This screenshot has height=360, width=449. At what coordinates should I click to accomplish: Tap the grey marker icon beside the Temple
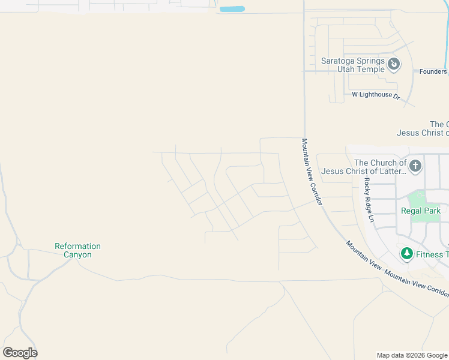(x=394, y=64)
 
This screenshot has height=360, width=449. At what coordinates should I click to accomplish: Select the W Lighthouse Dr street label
(x=376, y=95)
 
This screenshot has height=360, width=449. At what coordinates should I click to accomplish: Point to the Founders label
(x=433, y=71)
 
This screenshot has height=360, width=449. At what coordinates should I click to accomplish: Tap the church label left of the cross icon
(x=364, y=167)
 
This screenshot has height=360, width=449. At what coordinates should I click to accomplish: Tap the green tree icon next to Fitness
(x=407, y=254)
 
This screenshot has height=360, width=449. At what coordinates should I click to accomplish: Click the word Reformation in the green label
(x=77, y=246)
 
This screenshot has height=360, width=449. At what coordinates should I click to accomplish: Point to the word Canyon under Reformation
(x=77, y=255)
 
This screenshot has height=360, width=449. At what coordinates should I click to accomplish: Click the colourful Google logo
(x=20, y=352)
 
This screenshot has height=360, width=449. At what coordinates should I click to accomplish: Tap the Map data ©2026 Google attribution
(x=412, y=355)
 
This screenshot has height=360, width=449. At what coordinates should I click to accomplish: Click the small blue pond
(x=232, y=9)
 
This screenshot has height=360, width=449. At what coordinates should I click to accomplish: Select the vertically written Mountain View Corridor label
(x=312, y=172)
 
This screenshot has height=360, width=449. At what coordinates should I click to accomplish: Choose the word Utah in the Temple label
(x=348, y=69)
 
